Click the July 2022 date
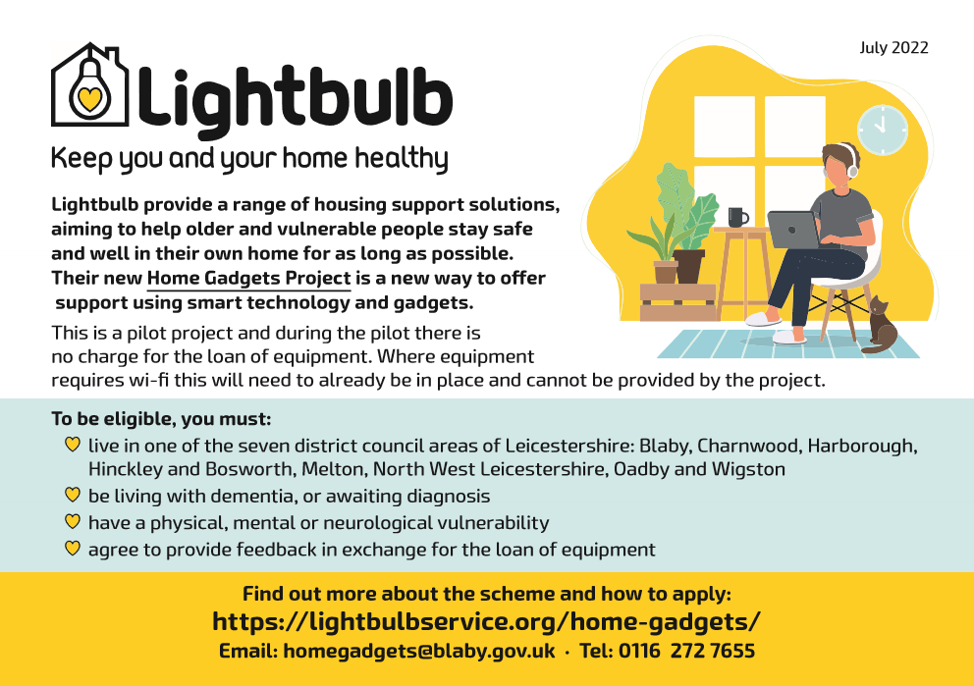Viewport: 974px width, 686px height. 893,48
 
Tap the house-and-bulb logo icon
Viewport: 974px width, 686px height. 89,84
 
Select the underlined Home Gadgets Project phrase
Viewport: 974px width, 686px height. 249,278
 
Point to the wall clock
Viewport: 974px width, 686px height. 882,130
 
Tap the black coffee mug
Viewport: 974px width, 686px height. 737,217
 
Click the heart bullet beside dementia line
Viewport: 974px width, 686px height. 73,495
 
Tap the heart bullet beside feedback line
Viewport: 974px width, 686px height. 73,549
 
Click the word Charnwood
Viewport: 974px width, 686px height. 748,446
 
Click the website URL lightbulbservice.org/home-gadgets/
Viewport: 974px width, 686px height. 486,621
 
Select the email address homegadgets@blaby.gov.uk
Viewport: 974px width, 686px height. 418,651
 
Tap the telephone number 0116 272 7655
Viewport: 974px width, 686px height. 686,651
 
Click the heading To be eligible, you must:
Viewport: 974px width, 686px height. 161,419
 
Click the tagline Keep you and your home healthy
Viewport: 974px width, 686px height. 249,159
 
